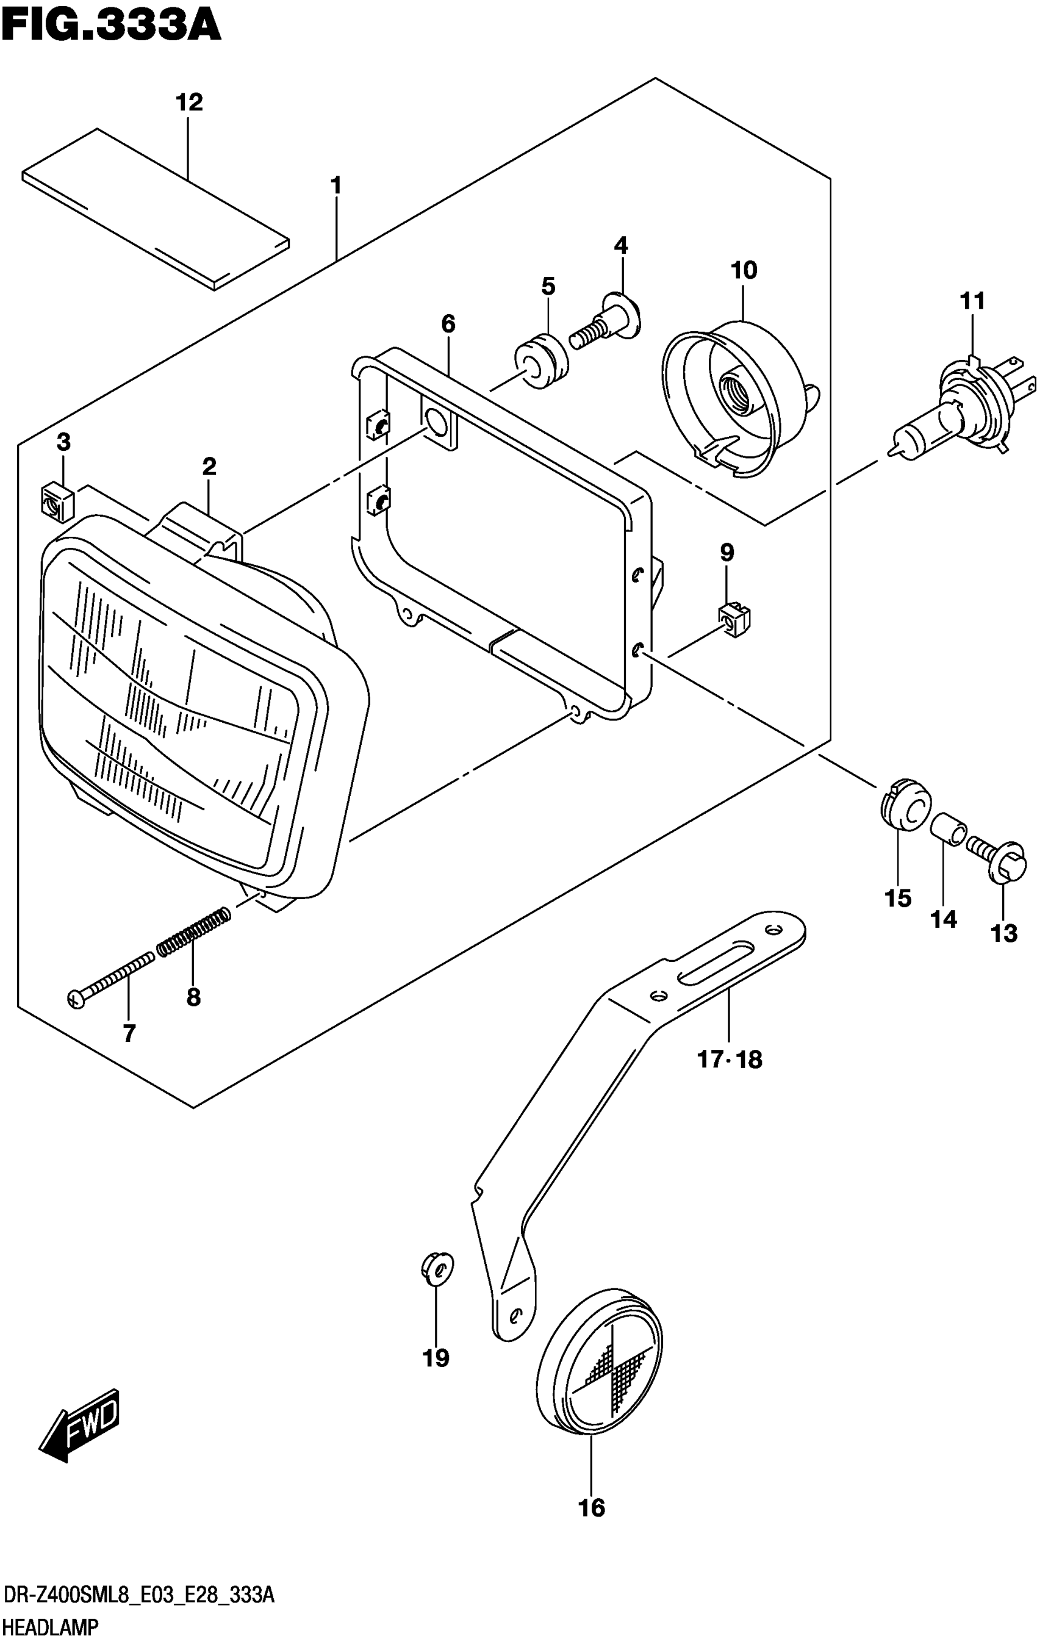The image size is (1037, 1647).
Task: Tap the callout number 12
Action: (x=188, y=102)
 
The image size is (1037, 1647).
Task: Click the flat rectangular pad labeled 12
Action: (x=156, y=208)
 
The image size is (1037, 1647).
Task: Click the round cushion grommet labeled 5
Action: (x=541, y=361)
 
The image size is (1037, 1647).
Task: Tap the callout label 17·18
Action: (x=728, y=1060)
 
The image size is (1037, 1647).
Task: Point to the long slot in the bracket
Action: (x=716, y=960)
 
